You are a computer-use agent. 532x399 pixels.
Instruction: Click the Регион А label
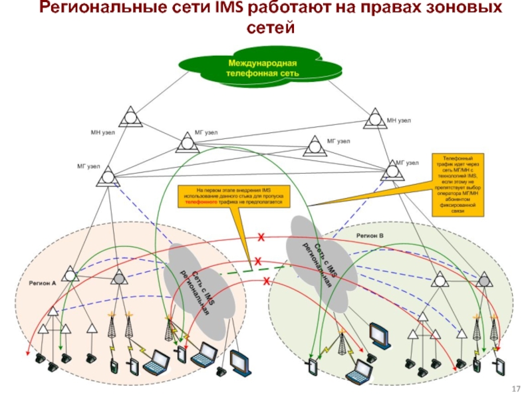pyautogui.click(x=41, y=283)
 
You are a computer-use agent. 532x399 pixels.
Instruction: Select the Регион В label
pyautogui.click(x=369, y=236)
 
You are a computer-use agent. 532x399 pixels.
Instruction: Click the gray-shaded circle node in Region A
pyautogui.click(x=118, y=277)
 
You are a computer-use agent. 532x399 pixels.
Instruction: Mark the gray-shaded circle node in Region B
pyautogui.click(x=487, y=279)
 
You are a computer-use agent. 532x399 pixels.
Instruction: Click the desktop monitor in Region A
pyautogui.click(x=239, y=360)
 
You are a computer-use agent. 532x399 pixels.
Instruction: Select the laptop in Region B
pyautogui.click(x=365, y=366)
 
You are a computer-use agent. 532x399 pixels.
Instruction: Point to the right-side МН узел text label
pyautogui.click(x=399, y=120)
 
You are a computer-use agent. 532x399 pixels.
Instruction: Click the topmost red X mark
pyautogui.click(x=261, y=237)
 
